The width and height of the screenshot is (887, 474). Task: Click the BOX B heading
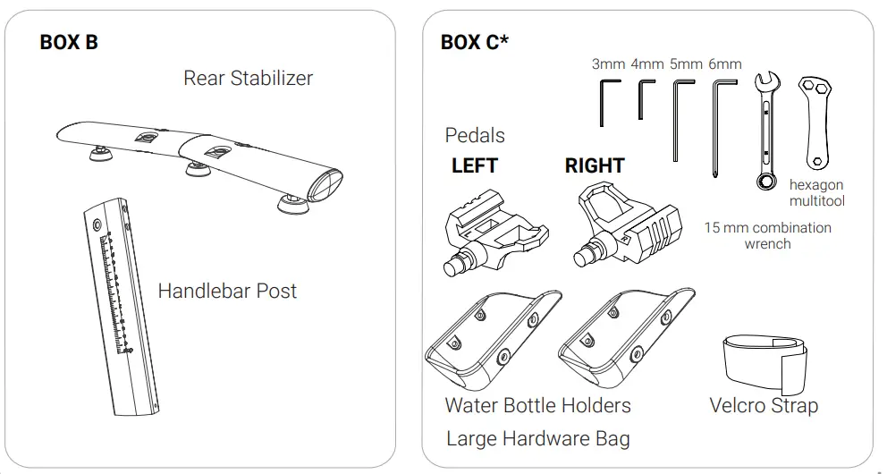click(x=69, y=42)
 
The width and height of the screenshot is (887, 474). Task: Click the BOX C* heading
click(x=475, y=42)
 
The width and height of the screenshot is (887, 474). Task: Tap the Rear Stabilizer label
click(x=248, y=78)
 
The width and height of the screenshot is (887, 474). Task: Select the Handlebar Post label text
click(x=227, y=291)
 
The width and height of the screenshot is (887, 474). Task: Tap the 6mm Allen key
click(x=719, y=125)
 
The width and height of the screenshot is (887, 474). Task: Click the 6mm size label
click(x=724, y=63)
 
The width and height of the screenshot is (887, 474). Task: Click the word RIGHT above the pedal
click(x=595, y=166)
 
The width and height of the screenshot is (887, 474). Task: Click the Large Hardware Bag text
click(x=537, y=438)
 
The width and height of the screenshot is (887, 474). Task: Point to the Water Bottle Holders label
click(x=537, y=405)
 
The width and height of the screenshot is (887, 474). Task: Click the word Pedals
click(x=475, y=135)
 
